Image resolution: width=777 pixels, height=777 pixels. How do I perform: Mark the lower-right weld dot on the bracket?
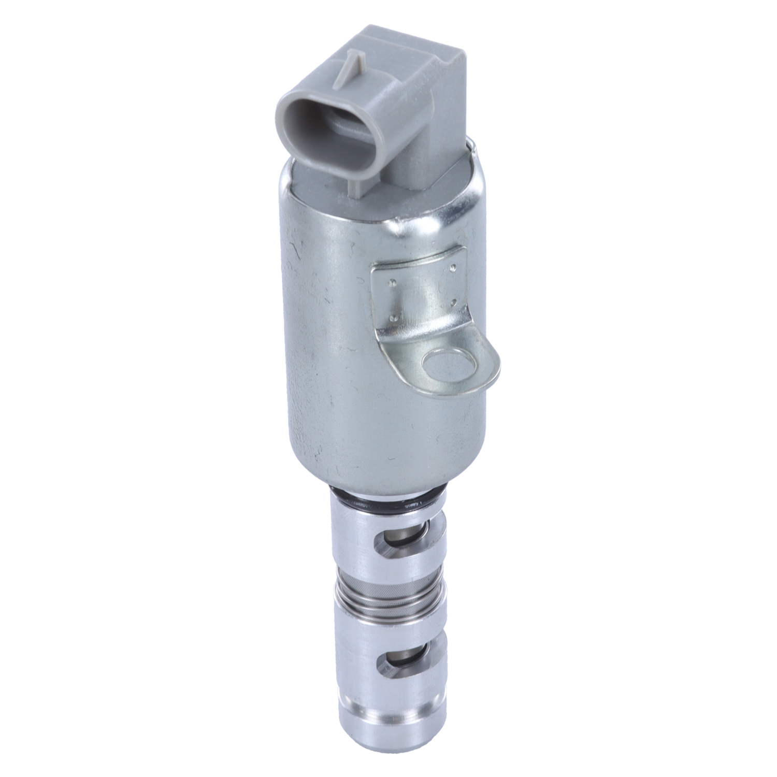pos(454,300)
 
